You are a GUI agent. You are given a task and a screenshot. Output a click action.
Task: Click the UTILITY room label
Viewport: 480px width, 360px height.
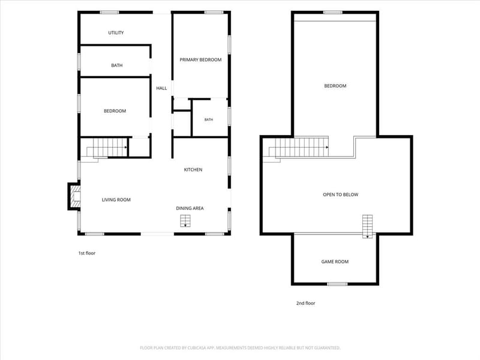[116, 33]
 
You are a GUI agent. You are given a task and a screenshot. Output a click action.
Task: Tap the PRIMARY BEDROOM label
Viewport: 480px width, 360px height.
[200, 59]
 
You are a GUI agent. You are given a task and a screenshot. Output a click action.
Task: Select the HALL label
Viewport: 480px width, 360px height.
[161, 88]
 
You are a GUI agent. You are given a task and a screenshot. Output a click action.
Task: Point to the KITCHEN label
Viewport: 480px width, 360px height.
[193, 170]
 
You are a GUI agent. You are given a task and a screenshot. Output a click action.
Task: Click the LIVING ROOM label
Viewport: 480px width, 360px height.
[116, 200]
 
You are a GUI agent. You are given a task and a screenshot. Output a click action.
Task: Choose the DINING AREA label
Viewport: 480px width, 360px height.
[190, 208]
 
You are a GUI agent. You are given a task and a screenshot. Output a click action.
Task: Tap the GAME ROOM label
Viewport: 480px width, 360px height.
[335, 262]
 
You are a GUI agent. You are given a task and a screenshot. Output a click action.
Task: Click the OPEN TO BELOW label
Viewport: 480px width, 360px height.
[340, 194]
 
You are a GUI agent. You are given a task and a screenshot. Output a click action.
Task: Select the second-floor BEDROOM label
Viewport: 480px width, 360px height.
[335, 86]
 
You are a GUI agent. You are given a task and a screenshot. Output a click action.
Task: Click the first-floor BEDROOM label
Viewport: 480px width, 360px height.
[115, 111]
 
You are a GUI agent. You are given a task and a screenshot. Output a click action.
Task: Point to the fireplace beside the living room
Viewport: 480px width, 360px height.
[74, 196]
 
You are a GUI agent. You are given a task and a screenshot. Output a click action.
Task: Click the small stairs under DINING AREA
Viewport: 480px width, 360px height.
[185, 221]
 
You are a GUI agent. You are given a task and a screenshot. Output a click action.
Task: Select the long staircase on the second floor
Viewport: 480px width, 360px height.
[299, 148]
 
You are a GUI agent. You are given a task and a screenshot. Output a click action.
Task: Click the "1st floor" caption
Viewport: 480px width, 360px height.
[87, 253]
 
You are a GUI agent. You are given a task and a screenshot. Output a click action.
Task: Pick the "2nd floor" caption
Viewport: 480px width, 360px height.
[305, 303]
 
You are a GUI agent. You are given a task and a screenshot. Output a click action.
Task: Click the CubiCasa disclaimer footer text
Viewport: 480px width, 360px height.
[240, 348]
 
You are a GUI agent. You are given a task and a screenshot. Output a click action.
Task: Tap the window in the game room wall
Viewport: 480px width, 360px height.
[337, 284]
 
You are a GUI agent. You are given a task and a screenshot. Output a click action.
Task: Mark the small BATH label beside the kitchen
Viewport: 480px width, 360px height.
[208, 119]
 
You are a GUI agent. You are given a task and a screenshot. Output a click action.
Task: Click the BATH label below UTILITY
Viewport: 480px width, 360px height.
[116, 65]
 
